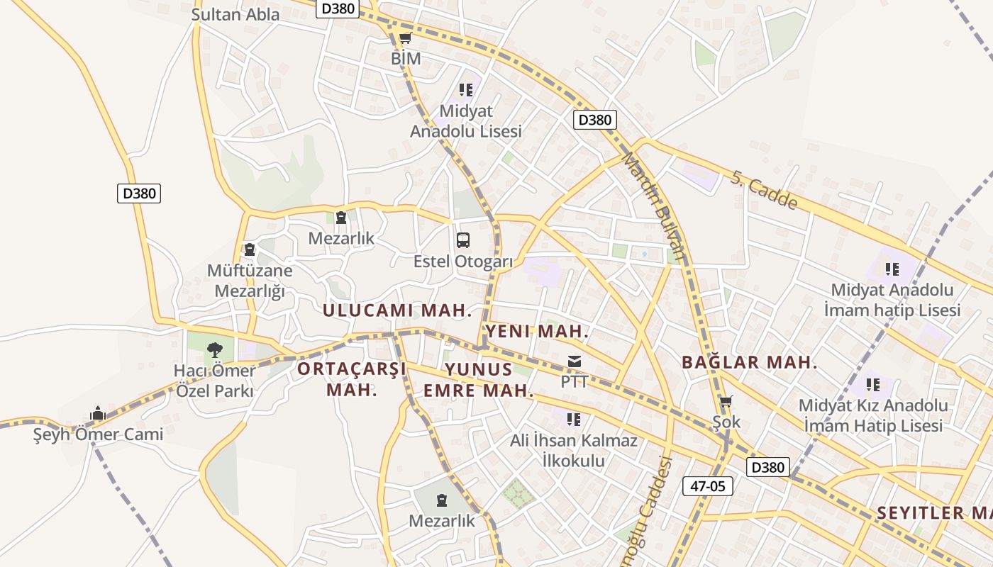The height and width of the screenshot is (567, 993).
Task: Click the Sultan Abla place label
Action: coord(235,14)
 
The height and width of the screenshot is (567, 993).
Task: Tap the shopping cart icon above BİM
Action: coord(405,38)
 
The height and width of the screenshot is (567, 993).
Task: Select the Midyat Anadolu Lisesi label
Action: coord(466,121)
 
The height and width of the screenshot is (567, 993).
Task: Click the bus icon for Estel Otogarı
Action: coord(463,240)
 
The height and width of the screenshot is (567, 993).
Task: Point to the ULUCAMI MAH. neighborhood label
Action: coord(397,310)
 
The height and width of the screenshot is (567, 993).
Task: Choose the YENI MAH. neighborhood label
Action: coord(538,331)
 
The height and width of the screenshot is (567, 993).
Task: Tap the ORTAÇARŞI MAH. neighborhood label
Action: coord(352,379)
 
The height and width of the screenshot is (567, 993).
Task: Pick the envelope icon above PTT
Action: coord(575,362)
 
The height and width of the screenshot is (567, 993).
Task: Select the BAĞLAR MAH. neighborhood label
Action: coord(749,363)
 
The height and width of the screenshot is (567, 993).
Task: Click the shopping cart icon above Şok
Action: coord(726,403)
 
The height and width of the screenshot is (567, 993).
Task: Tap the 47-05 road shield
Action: coord(707,486)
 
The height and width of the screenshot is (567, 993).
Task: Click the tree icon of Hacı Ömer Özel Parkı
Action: coord(214,349)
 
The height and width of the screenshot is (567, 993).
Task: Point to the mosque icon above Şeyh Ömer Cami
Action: coord(98,413)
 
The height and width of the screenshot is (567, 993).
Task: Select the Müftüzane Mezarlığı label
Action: coord(250,281)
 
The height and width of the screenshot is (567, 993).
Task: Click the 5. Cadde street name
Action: coord(764,189)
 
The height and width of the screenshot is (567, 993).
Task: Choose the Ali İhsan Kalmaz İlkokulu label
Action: coord(574,451)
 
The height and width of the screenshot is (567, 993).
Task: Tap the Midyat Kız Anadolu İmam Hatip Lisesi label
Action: coord(873,415)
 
